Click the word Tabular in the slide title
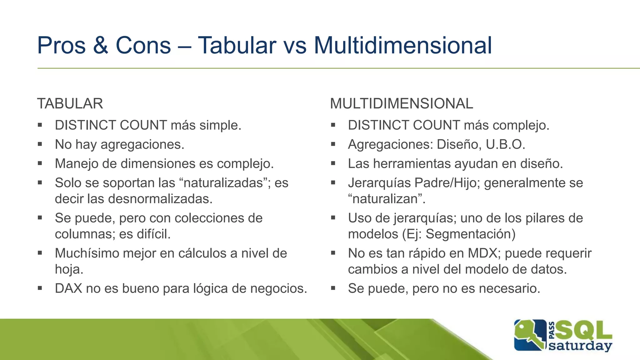[237, 46]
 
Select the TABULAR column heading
[70, 104]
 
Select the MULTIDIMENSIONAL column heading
[402, 104]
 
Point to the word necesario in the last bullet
[509, 288]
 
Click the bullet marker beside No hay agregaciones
[40, 144]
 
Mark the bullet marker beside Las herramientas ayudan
[333, 163]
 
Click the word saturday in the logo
[580, 346]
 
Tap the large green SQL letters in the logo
[584, 331]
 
